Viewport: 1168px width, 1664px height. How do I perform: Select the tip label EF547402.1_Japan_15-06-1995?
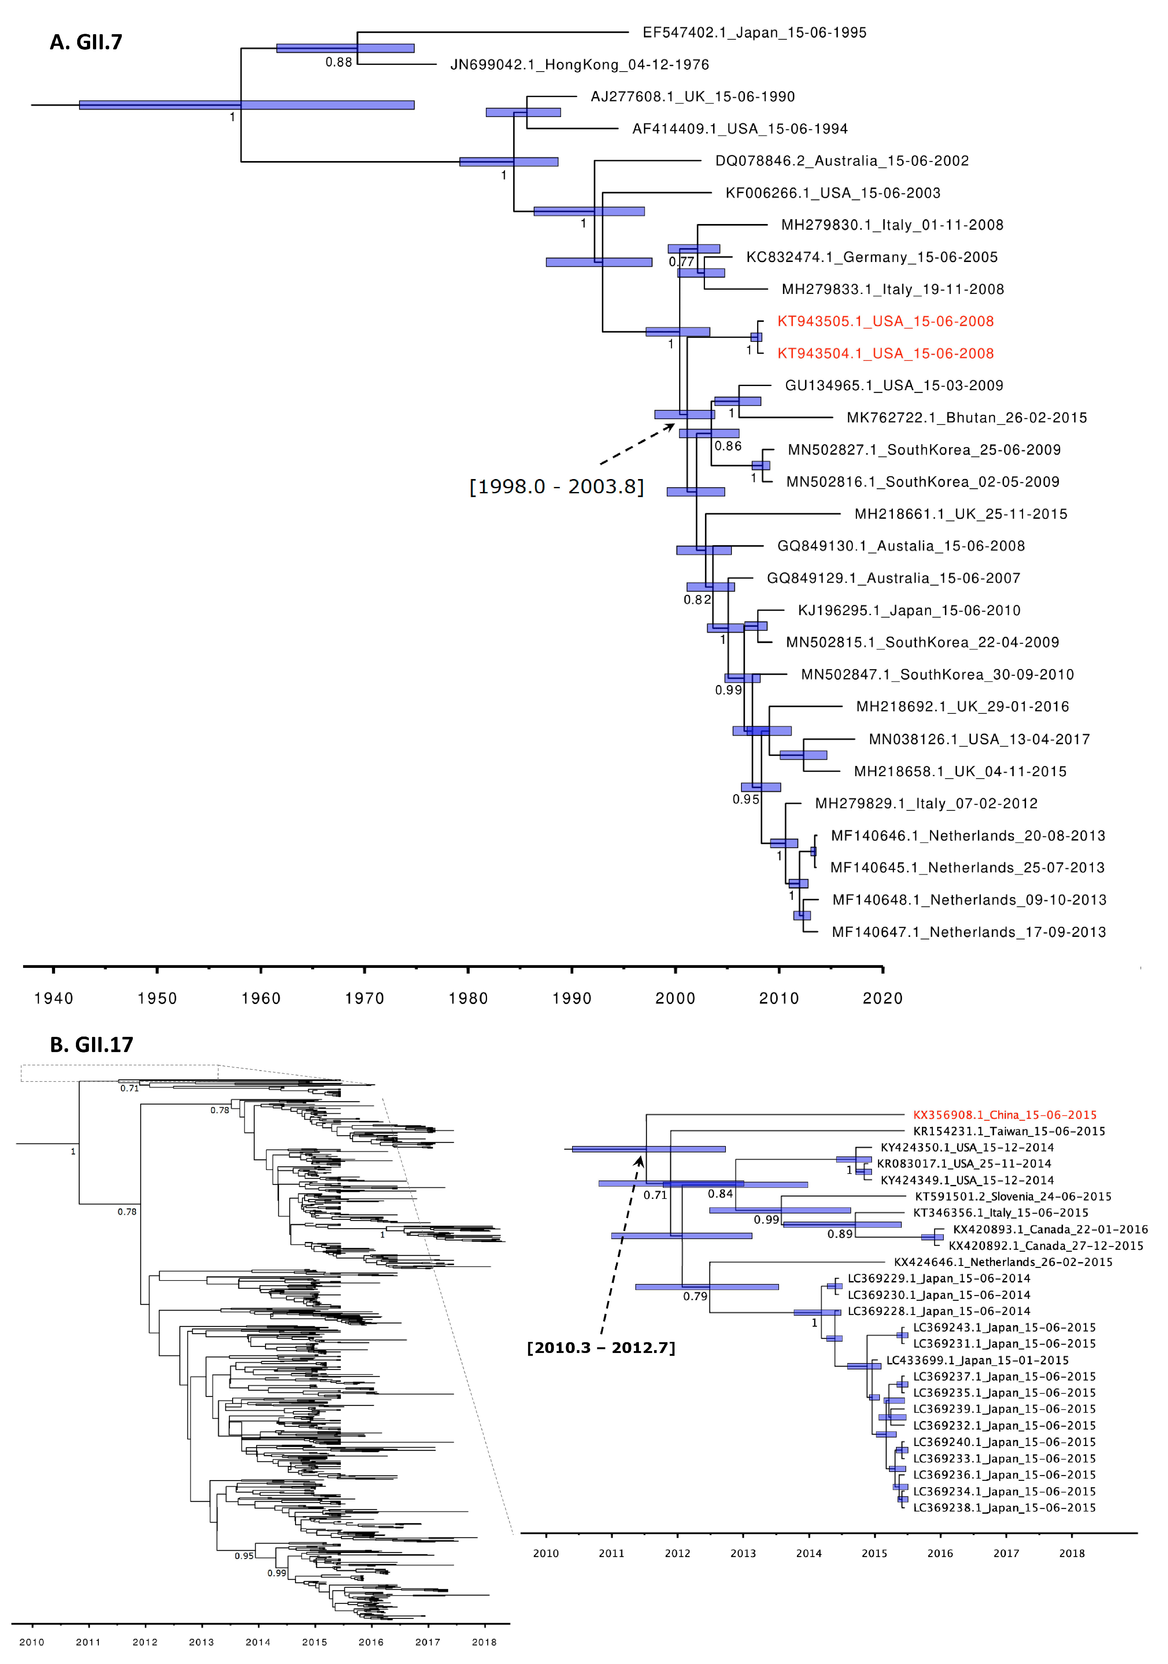pyautogui.click(x=754, y=33)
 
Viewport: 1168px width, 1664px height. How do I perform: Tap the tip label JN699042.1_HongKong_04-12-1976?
pyautogui.click(x=579, y=65)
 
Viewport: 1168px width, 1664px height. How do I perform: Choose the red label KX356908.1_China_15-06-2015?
pyautogui.click(x=1004, y=1115)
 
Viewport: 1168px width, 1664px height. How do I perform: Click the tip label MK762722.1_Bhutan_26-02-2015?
pyautogui.click(x=967, y=417)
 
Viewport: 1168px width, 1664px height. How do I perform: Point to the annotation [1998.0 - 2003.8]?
pyautogui.click(x=556, y=486)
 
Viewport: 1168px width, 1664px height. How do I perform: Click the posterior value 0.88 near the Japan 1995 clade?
pyautogui.click(x=338, y=62)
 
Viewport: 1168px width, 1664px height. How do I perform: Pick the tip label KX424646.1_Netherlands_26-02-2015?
pyautogui.click(x=1003, y=1262)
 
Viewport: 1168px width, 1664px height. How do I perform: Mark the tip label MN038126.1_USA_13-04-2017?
pyautogui.click(x=979, y=739)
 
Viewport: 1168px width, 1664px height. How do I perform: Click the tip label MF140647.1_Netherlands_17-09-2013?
pyautogui.click(x=969, y=932)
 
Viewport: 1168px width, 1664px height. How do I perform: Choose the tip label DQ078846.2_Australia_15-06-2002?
pyautogui.click(x=842, y=161)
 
